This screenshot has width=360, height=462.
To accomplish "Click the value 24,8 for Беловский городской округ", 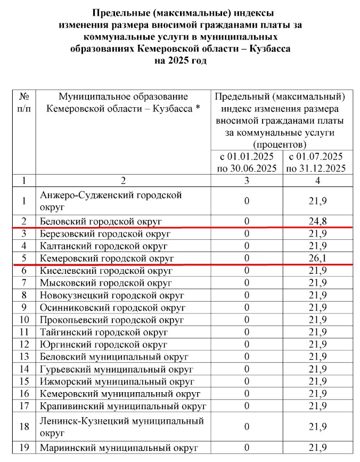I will (x=317, y=220).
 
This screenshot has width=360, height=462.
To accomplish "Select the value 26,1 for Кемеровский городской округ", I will (x=317, y=258).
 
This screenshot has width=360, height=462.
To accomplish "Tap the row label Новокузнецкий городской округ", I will (x=112, y=295).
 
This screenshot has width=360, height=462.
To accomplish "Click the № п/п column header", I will (x=23, y=102).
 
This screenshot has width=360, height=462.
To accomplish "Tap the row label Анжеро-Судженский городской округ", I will (x=111, y=200).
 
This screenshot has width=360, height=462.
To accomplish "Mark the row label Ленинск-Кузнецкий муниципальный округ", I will (x=121, y=427).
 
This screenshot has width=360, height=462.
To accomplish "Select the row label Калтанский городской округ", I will (x=103, y=246).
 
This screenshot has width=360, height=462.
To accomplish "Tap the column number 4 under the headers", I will (x=317, y=180).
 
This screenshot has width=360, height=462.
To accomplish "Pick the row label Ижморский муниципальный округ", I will (x=117, y=382).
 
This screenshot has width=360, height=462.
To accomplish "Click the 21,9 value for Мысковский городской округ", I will (x=317, y=282).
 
